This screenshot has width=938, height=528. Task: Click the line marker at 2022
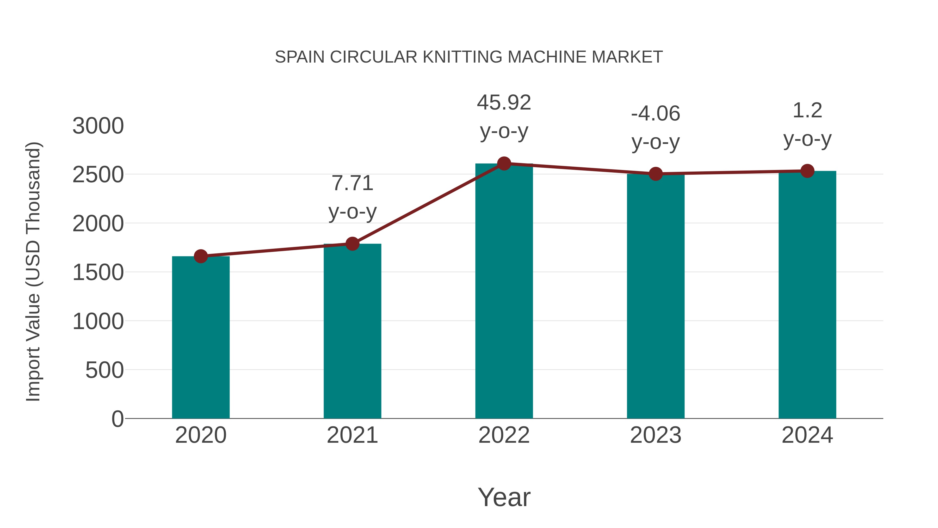tap(504, 163)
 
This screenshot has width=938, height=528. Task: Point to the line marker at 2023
tap(656, 174)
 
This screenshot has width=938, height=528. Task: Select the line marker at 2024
tap(807, 171)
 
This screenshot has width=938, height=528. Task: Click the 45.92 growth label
tap(504, 102)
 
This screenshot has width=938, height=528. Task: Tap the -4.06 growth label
tap(656, 113)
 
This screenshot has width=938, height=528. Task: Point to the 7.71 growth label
tap(352, 183)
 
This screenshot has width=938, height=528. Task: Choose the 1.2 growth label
tap(807, 110)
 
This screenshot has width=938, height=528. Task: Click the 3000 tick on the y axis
tap(98, 126)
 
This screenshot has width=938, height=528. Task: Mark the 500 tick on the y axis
tap(104, 370)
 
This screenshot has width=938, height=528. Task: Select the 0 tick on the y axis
tap(117, 419)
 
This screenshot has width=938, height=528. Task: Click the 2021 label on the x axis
tap(352, 435)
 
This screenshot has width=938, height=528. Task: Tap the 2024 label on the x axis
tap(807, 435)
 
